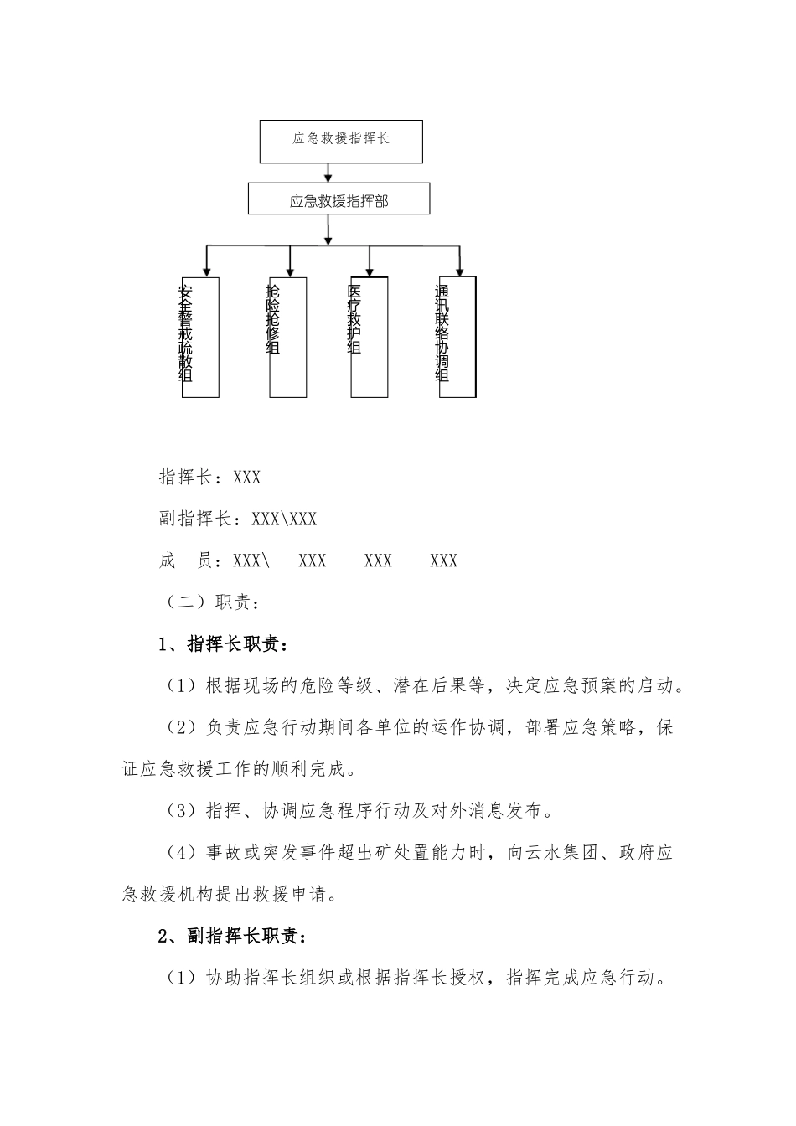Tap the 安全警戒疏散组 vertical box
(x=199, y=337)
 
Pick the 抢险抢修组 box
(x=287, y=337)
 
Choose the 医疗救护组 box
(x=369, y=337)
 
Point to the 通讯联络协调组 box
(x=457, y=337)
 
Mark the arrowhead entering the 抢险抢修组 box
(x=290, y=271)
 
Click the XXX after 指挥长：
(x=247, y=478)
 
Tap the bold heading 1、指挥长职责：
(x=224, y=644)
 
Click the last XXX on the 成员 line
(x=444, y=561)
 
